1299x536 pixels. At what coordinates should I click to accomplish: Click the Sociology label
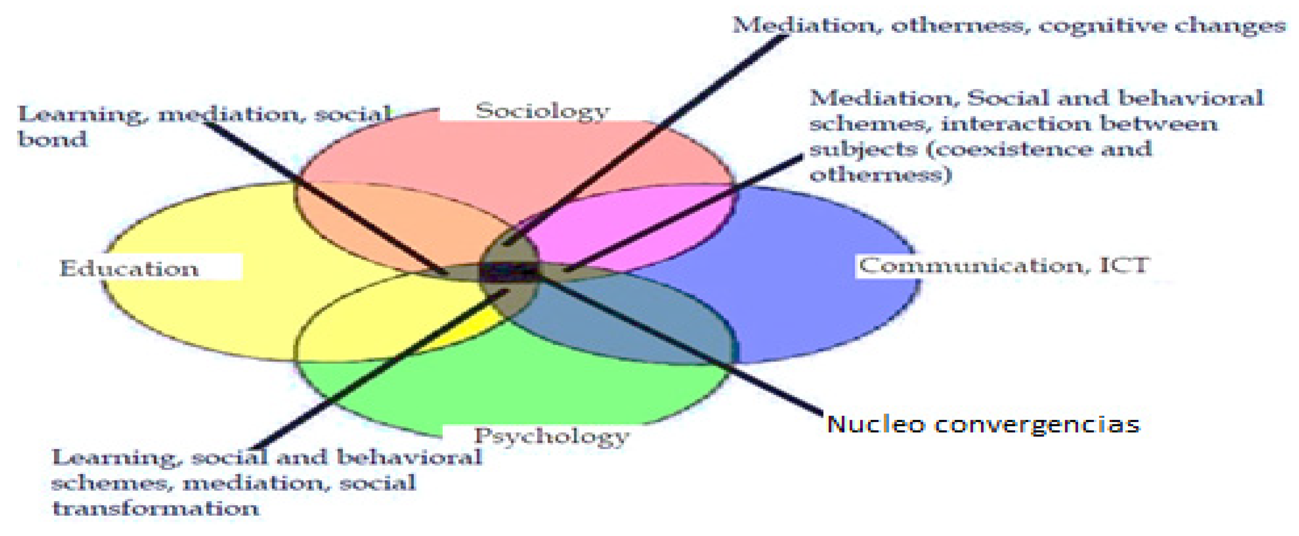[542, 111]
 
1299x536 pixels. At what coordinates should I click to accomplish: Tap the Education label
[129, 268]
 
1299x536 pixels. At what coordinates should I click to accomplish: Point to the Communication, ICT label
[1003, 266]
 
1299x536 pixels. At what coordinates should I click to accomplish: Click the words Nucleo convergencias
[983, 424]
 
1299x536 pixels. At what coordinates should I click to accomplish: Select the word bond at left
[52, 139]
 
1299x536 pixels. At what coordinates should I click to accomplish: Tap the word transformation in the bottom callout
[155, 508]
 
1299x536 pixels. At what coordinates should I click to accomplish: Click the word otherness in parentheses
[880, 175]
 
